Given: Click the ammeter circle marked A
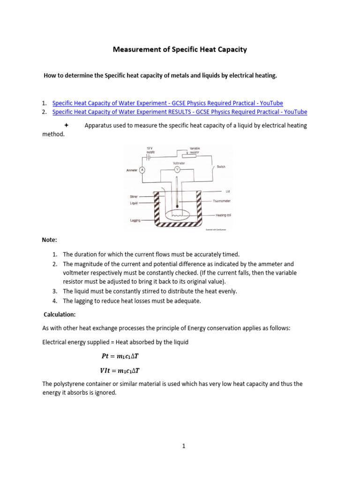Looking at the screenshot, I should (x=142, y=170).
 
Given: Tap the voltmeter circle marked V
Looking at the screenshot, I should (x=176, y=168).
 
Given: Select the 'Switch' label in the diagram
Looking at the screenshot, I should (x=221, y=166).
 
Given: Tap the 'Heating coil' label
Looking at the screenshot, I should (x=224, y=215).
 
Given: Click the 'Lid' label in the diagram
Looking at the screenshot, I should (x=228, y=191).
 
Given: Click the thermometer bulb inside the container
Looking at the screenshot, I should (x=176, y=207).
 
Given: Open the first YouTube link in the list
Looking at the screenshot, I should (x=167, y=103).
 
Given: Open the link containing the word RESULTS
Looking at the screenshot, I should (x=180, y=112).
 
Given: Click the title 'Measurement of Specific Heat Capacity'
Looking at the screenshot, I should (x=180, y=49).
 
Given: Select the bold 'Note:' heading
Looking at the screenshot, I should (x=49, y=240).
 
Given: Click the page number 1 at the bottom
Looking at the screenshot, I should (x=184, y=446).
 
